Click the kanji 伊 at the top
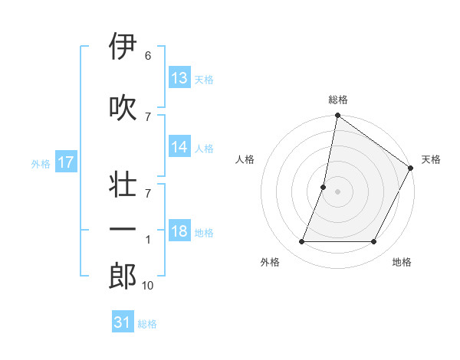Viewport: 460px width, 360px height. (x=123, y=47)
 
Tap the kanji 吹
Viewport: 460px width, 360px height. (x=123, y=108)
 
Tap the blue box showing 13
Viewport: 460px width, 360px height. (x=179, y=77)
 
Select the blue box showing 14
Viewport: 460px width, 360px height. (x=179, y=147)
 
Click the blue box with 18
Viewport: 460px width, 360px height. (x=179, y=232)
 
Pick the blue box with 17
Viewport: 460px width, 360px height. (x=66, y=162)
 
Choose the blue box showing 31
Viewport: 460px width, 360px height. (x=123, y=322)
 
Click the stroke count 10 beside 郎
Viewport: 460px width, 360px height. (x=147, y=286)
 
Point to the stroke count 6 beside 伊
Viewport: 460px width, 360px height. (x=147, y=56)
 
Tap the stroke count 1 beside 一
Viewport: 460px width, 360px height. (x=148, y=240)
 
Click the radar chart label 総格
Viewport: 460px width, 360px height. (x=337, y=100)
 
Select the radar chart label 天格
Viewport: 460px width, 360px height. (x=431, y=159)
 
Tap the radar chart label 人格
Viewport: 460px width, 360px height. (x=245, y=159)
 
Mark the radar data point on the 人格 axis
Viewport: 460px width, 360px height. (x=324, y=187)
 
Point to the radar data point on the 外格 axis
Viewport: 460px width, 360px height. (x=301, y=242)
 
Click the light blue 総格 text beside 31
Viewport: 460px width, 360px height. (x=147, y=324)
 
